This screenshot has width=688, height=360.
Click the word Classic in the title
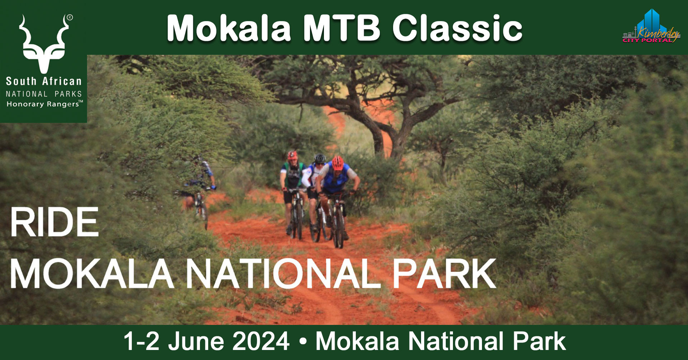[457, 28]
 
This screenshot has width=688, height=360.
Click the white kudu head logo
[44, 44]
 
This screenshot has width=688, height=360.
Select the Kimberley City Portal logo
[651, 27]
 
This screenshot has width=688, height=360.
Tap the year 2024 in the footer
[261, 341]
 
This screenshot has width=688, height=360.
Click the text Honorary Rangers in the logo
[44, 104]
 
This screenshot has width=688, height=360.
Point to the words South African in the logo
[44, 81]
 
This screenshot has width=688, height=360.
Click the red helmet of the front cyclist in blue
[337, 163]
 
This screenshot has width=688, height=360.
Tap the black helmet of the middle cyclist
[320, 158]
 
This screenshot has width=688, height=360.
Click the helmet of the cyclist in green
[292, 155]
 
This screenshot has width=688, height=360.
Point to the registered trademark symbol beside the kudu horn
[70, 17]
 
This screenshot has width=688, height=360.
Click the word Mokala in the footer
[357, 341]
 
